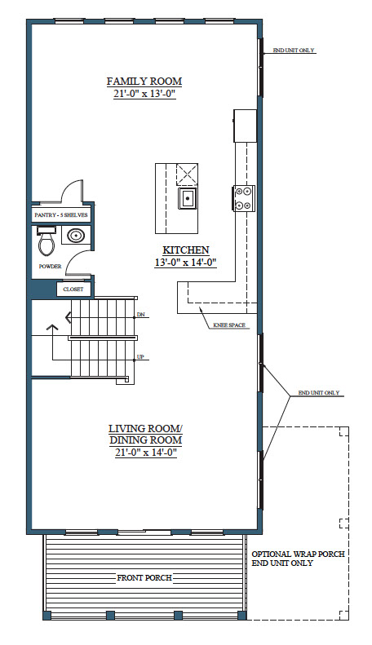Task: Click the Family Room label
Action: tap(144, 81)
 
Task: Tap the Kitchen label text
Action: tap(185, 250)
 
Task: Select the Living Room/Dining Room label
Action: tap(146, 434)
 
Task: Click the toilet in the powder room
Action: tap(46, 241)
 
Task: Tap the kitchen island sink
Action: tap(188, 199)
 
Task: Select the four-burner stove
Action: tap(245, 198)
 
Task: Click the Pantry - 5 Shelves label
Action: tap(61, 214)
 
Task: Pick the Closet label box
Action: tap(73, 289)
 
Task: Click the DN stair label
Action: tap(141, 315)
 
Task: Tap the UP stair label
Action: tap(140, 357)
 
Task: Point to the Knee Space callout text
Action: tap(229, 325)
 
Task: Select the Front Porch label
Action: tap(144, 578)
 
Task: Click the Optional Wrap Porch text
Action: tap(299, 554)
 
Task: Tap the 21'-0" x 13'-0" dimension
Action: tap(145, 95)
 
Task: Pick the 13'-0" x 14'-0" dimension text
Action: tap(185, 263)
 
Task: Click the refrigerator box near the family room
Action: tap(246, 126)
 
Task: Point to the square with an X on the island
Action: tap(188, 175)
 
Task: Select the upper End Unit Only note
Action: tap(294, 51)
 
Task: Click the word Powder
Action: tap(51, 266)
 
